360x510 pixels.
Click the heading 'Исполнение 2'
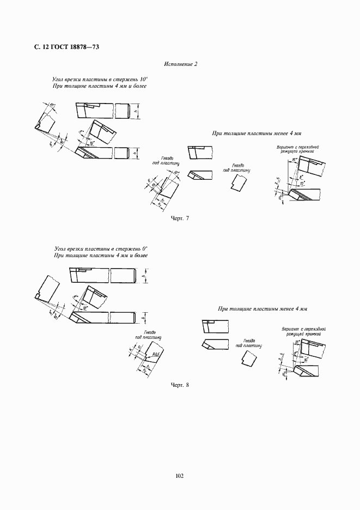(180, 64)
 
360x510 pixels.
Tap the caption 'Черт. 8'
(179, 385)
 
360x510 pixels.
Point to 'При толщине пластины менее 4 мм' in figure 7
(257, 133)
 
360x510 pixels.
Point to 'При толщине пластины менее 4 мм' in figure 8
(263, 309)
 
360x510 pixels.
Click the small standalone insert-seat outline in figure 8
(248, 359)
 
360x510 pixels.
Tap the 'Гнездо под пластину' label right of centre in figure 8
(249, 342)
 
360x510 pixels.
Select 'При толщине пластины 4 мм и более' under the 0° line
(101, 256)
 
